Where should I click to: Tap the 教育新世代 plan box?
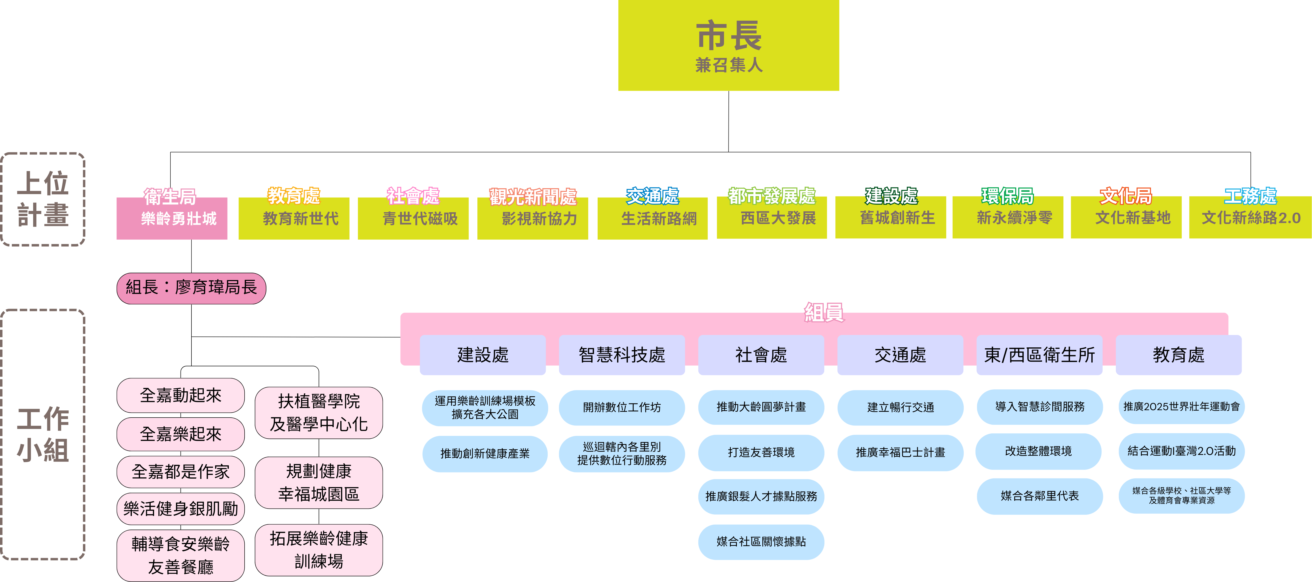[294, 219]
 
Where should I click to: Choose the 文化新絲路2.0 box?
[1250, 218]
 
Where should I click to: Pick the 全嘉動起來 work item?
[181, 395]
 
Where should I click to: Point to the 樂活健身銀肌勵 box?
[181, 508]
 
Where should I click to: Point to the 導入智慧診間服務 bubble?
[1039, 406]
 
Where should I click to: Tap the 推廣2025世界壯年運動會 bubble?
[1181, 406]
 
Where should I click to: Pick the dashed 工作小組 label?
[43, 434]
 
